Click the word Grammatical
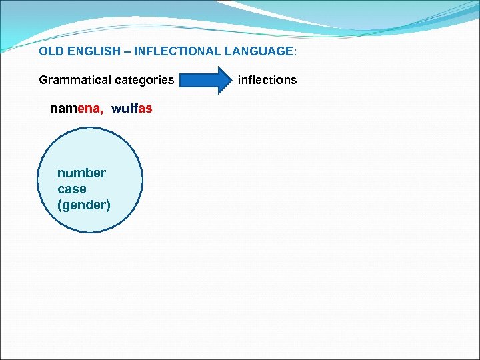pos(75,80)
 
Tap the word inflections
pos(267,80)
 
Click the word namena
pos(76,108)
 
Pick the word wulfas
pos(132,108)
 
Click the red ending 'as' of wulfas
pos(146,108)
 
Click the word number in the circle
pos(81,173)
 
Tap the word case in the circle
pos(71,189)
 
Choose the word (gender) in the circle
pos(84,205)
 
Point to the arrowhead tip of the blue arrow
pos(227,80)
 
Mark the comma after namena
pos(101,111)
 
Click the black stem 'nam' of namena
pos(63,108)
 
